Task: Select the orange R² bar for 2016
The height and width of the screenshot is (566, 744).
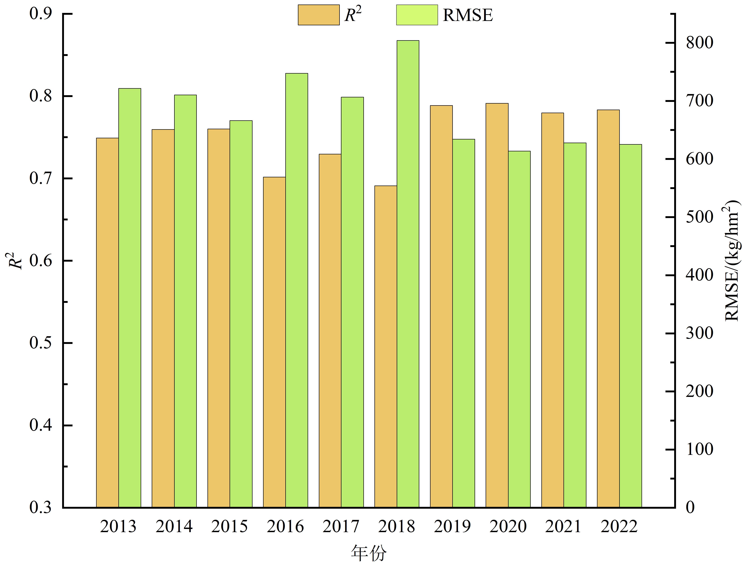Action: [274, 342]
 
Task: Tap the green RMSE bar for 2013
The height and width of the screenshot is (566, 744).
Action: [130, 298]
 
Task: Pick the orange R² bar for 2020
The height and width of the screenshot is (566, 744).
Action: [497, 305]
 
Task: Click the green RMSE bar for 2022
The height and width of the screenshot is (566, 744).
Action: [630, 326]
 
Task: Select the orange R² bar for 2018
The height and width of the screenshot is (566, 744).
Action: [386, 347]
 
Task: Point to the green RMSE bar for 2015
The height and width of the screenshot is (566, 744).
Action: [241, 314]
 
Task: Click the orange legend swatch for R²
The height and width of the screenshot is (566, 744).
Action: [318, 15]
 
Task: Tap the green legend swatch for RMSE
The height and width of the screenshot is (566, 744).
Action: [417, 15]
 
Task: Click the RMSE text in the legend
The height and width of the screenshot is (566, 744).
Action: [468, 15]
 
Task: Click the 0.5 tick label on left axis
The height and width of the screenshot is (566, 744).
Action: [41, 343]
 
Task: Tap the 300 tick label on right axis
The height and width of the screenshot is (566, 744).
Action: [700, 333]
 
